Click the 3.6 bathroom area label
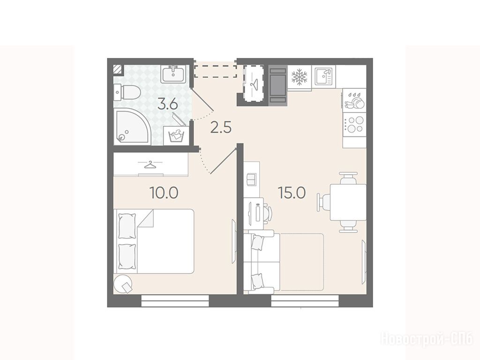click(x=167, y=105)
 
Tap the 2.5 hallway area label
click(x=221, y=127)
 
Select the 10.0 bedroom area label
click(x=164, y=193)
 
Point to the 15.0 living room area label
click(x=292, y=193)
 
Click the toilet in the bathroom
click(x=127, y=92)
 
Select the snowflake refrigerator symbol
click(x=299, y=76)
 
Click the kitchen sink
click(x=323, y=76)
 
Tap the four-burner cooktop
click(x=354, y=125)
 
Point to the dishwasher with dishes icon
click(x=354, y=100)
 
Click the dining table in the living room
click(x=348, y=202)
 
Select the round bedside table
click(x=123, y=284)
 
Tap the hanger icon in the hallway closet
click(x=254, y=82)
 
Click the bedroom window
click(x=175, y=300)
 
